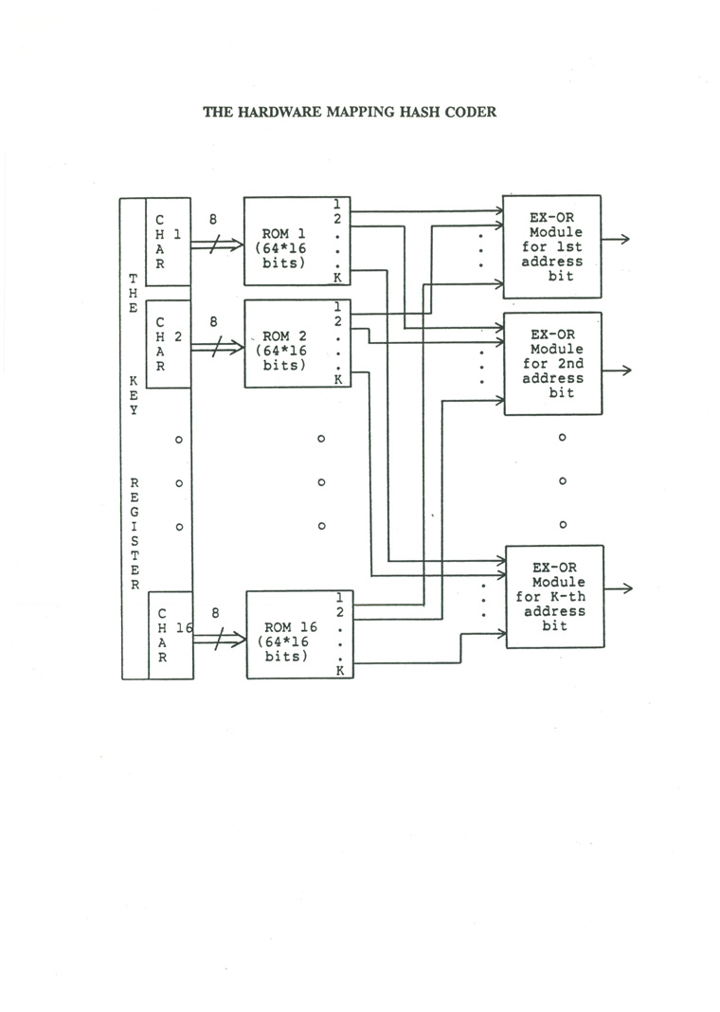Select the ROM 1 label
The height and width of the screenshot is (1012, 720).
[x=283, y=234]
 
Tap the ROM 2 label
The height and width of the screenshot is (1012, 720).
[x=284, y=336]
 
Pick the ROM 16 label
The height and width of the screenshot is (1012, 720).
[x=290, y=627]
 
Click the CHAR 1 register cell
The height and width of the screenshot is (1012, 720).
[x=168, y=242]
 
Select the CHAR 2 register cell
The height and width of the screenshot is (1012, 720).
[x=169, y=343]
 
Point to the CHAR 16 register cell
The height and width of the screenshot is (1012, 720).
[x=171, y=635]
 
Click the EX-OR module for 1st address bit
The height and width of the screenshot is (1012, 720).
[x=551, y=246]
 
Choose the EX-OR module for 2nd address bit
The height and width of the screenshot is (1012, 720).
[x=553, y=363]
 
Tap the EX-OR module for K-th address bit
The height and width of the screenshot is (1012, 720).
[x=555, y=596]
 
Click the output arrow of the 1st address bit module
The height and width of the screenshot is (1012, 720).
[x=616, y=239]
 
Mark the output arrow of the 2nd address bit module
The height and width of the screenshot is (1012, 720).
[x=617, y=370]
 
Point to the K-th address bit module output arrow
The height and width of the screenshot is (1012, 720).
[x=619, y=588]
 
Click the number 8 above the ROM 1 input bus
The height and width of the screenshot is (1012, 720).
[x=213, y=220]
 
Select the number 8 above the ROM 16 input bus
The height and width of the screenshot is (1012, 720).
[x=215, y=613]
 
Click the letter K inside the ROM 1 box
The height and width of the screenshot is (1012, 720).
[x=337, y=279]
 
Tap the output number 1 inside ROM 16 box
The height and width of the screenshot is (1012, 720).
[x=340, y=598]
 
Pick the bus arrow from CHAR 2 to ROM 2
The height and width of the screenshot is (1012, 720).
[x=218, y=347]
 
